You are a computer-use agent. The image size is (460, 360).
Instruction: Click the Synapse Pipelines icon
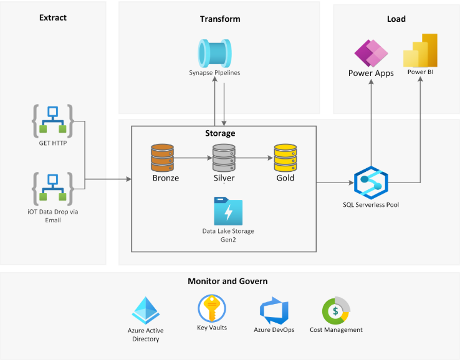pos(214,52)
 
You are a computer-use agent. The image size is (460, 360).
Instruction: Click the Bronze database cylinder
pos(162,158)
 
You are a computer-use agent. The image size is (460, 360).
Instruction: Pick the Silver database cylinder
pos(224,158)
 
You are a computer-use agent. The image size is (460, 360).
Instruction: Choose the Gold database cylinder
pos(285,158)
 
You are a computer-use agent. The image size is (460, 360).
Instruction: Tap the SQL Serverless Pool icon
pos(371,182)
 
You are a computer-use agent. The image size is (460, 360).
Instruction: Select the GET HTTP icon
pos(53,121)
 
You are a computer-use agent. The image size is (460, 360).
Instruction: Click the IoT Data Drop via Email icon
pos(53,189)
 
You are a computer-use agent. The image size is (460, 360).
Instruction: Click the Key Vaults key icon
pos(211,308)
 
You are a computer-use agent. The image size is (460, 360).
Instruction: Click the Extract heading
pos(52,18)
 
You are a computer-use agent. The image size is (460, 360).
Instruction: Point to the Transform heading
pos(220,19)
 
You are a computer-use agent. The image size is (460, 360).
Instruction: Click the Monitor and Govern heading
pos(228,281)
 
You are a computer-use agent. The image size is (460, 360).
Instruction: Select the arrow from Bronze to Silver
pos(193,158)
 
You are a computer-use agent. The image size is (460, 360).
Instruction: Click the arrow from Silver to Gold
pos(254,158)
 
